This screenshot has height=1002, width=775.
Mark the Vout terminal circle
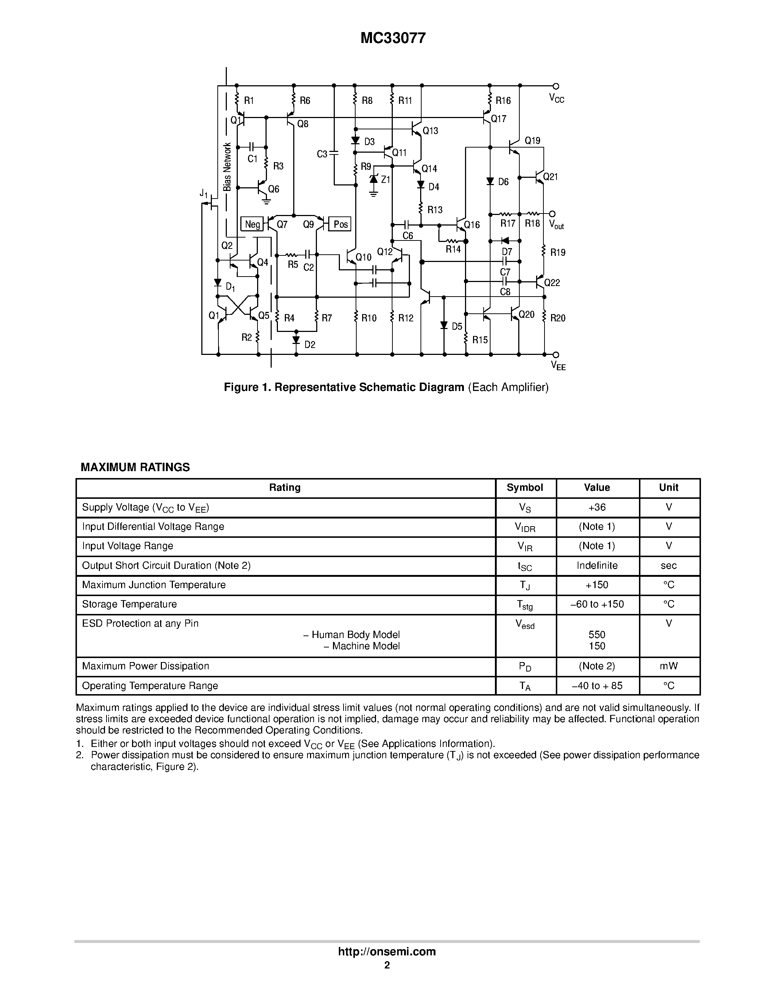coord(552,214)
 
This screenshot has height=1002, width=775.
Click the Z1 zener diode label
coord(385,179)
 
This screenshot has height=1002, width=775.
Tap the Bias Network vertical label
coord(227,167)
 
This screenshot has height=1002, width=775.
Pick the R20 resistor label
coord(558,318)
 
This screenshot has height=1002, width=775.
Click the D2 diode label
coord(310,345)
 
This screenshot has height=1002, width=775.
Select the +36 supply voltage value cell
coord(597,508)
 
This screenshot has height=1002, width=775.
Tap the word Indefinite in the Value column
coord(597,566)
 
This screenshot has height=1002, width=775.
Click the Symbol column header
coord(525,488)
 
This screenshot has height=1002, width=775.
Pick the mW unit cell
coord(669,666)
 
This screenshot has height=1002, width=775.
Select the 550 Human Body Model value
coord(597,635)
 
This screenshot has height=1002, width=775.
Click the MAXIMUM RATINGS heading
coord(135,467)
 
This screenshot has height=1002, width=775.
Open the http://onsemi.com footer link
coord(387,951)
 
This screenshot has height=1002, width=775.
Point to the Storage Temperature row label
coord(129,604)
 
